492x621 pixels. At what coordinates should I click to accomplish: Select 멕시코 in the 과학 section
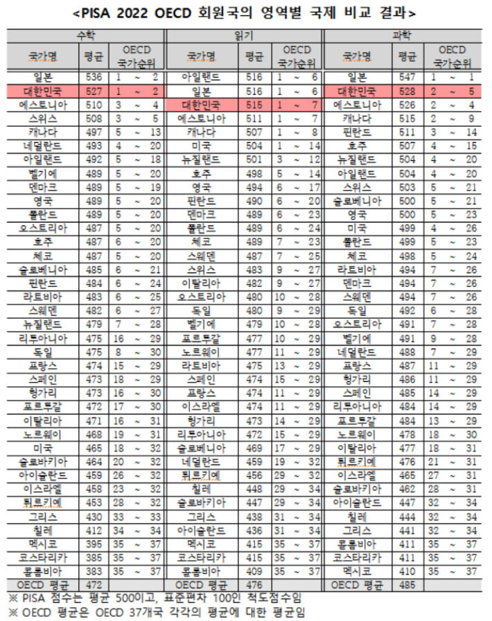click(x=356, y=571)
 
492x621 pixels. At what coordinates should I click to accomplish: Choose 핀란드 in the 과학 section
click(x=356, y=131)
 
